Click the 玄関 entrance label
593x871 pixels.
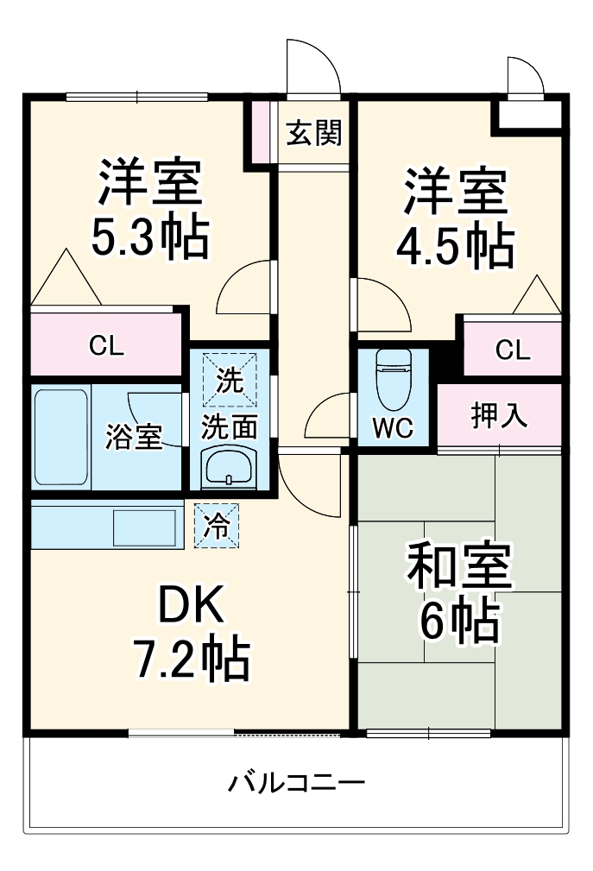point(314,134)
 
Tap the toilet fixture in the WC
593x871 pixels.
point(394,381)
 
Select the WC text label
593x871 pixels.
point(393,427)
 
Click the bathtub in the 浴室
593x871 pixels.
point(60,437)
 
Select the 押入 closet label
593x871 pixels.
point(499,415)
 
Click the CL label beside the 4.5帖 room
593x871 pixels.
point(513,350)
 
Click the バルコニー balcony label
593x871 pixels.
point(296,784)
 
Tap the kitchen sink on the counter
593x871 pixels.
point(146,526)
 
